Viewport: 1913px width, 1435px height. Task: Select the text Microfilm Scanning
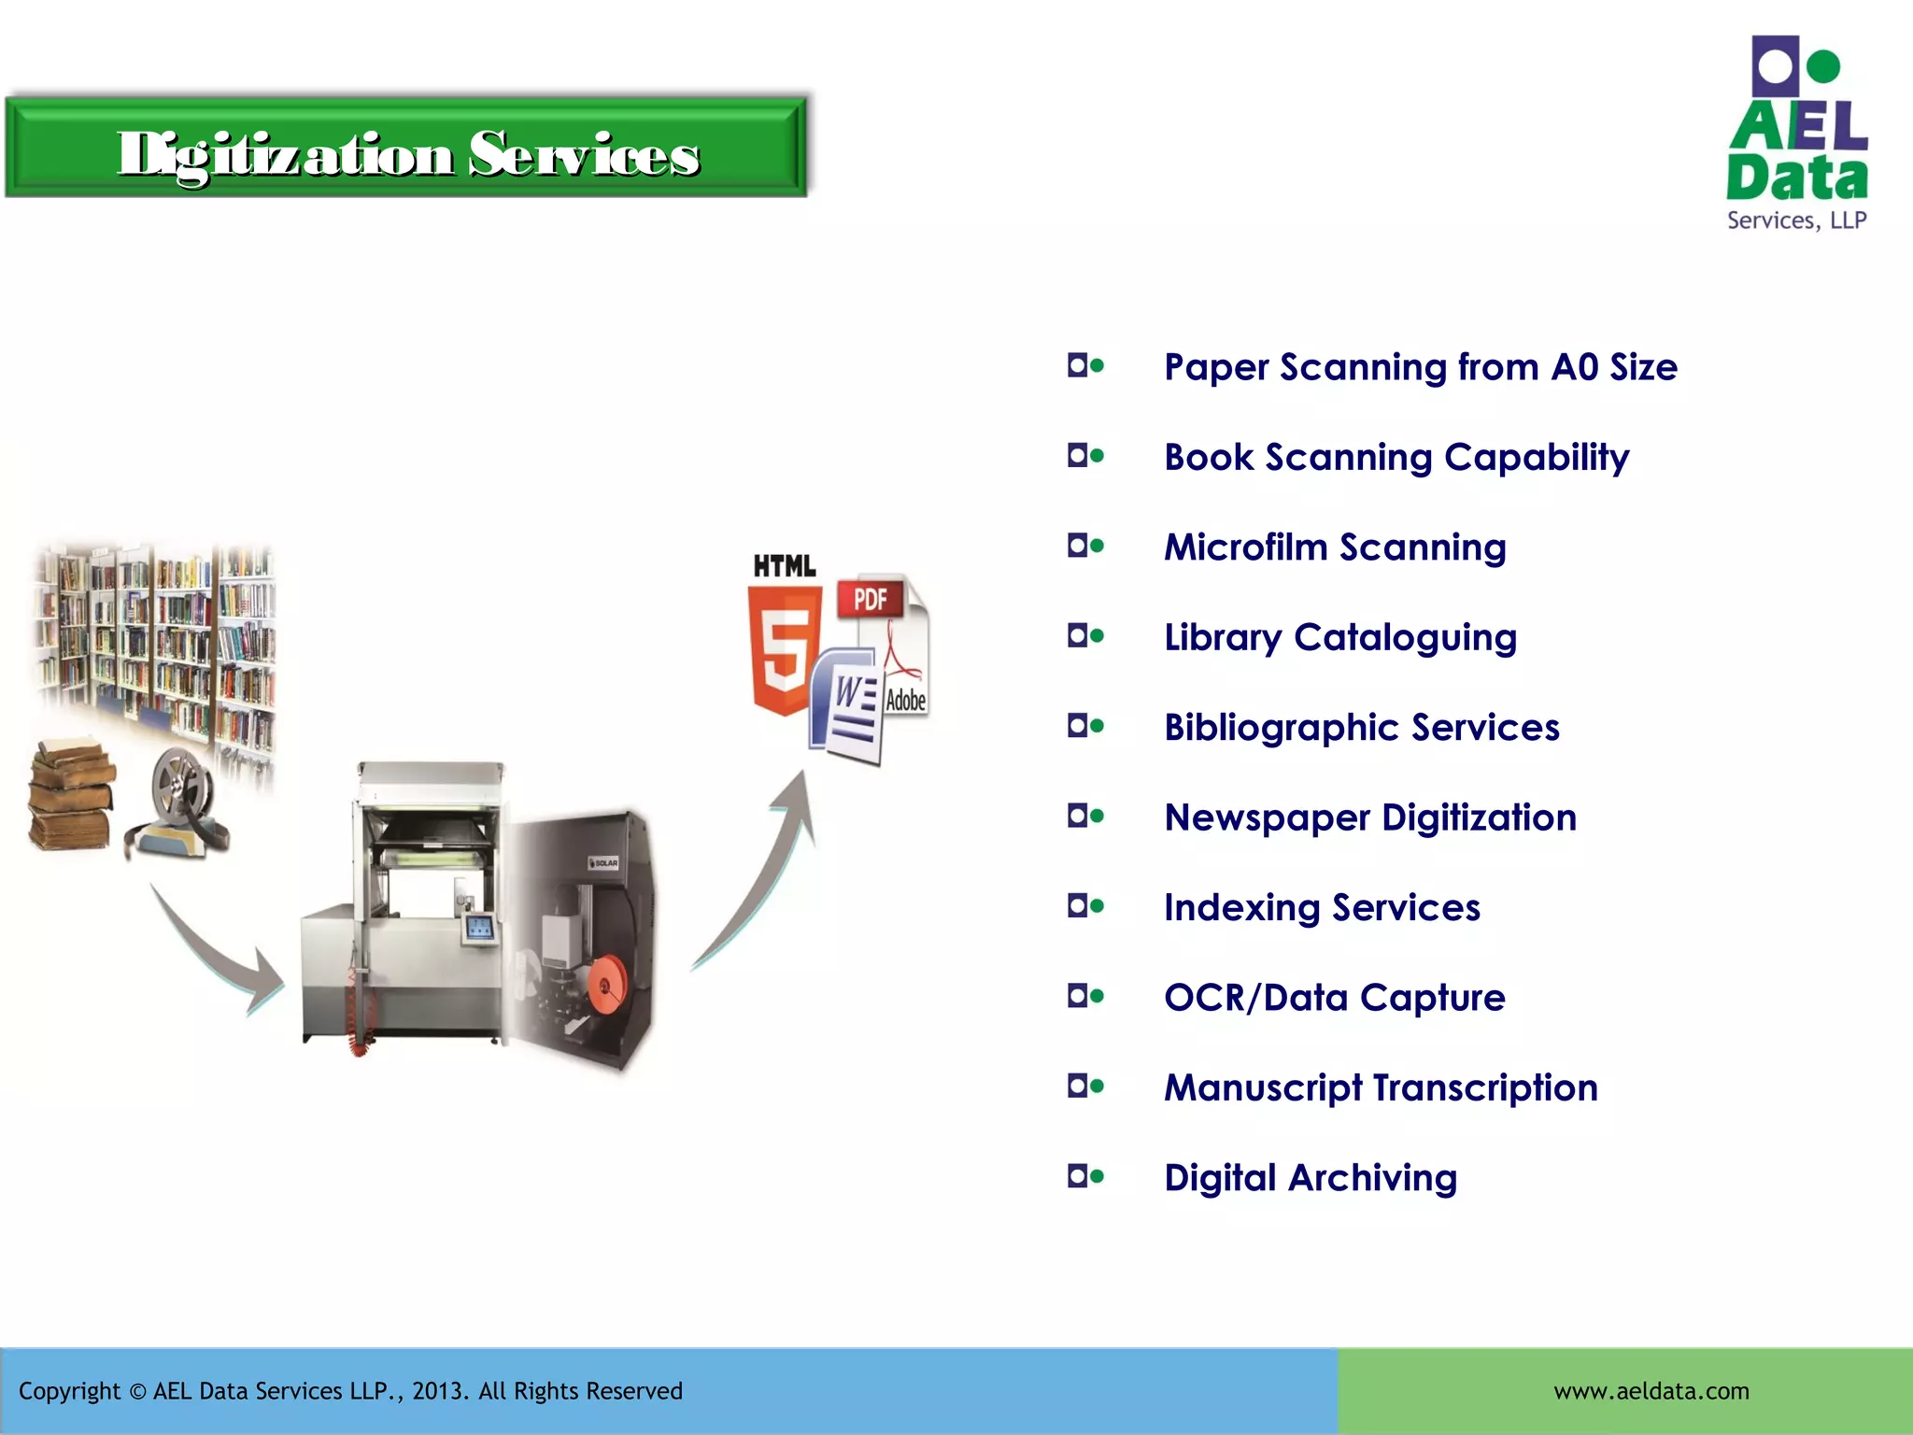1335,547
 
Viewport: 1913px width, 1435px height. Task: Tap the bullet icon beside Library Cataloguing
1085,636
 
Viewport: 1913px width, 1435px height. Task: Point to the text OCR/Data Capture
1334,998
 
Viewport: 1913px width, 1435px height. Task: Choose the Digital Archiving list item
1310,1178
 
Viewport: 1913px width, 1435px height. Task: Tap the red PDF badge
870,599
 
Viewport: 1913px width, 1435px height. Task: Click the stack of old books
71,794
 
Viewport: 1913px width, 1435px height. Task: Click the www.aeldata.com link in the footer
1651,1391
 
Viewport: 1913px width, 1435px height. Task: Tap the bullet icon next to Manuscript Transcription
1085,1087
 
